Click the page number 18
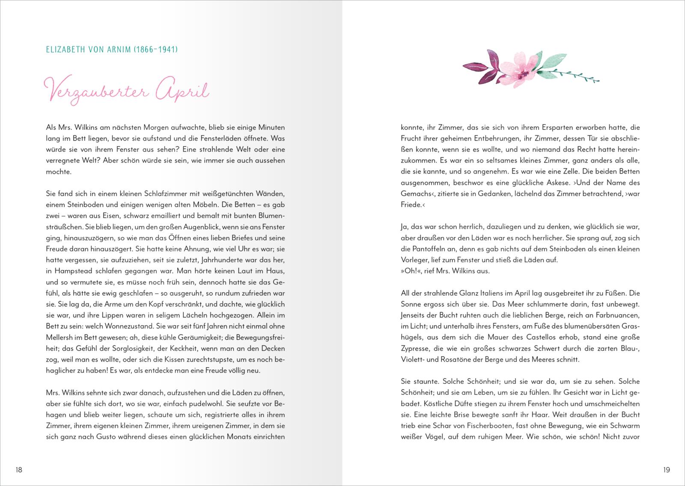[19, 470]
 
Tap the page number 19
[666, 470]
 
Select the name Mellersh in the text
[60, 337]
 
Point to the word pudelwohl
[208, 404]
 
